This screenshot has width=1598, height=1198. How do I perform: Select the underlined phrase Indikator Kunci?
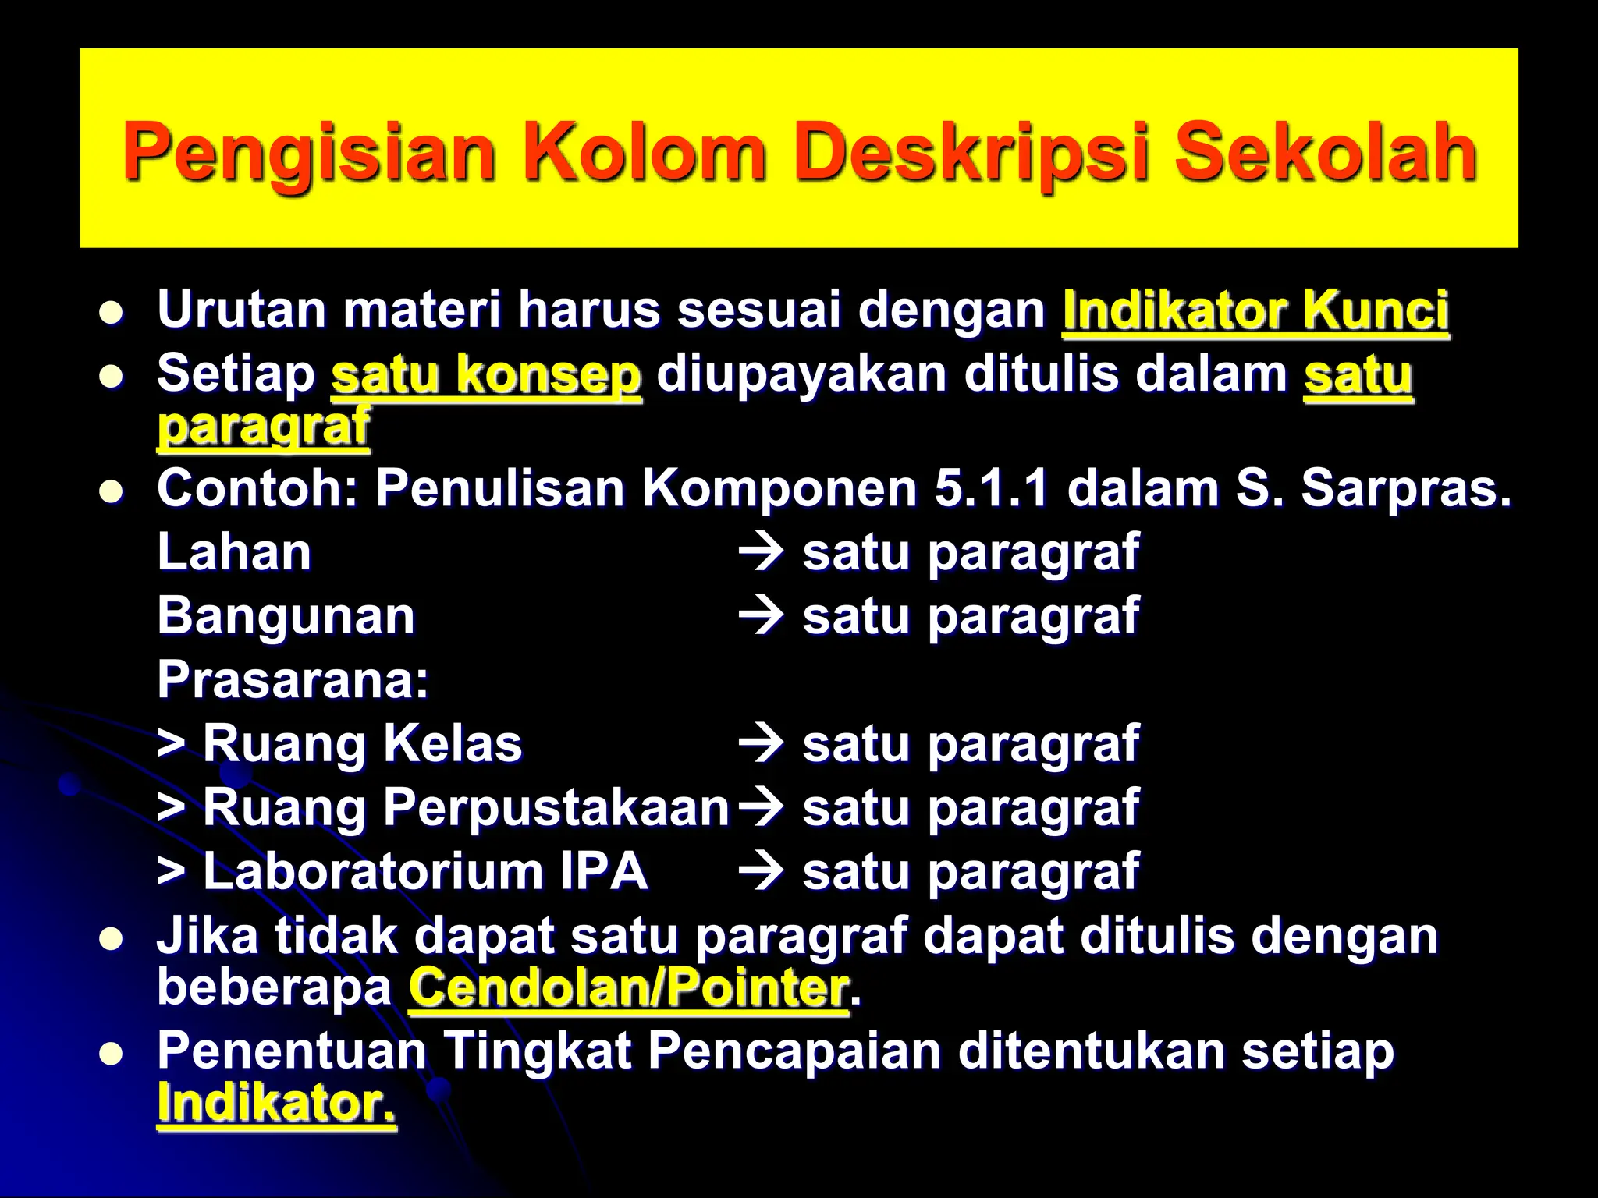click(x=1255, y=310)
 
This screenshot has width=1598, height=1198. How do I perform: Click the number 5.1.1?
click(x=991, y=489)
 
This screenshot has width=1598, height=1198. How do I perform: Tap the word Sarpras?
click(x=1405, y=489)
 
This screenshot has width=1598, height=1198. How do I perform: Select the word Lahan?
click(x=234, y=552)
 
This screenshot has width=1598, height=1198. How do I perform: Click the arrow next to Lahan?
click(x=760, y=552)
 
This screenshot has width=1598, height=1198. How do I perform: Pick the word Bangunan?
click(x=286, y=616)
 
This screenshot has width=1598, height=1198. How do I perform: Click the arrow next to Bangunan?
click(x=760, y=616)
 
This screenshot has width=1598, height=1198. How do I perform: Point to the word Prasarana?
click(x=293, y=679)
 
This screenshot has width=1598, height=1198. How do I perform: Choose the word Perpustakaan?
click(x=556, y=807)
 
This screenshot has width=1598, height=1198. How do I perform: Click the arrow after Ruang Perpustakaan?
click(x=760, y=807)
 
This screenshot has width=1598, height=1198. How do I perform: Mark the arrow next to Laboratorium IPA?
click(x=760, y=871)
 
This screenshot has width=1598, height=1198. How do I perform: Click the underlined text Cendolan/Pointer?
click(x=628, y=988)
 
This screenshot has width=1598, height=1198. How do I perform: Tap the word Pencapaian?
click(x=794, y=1051)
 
